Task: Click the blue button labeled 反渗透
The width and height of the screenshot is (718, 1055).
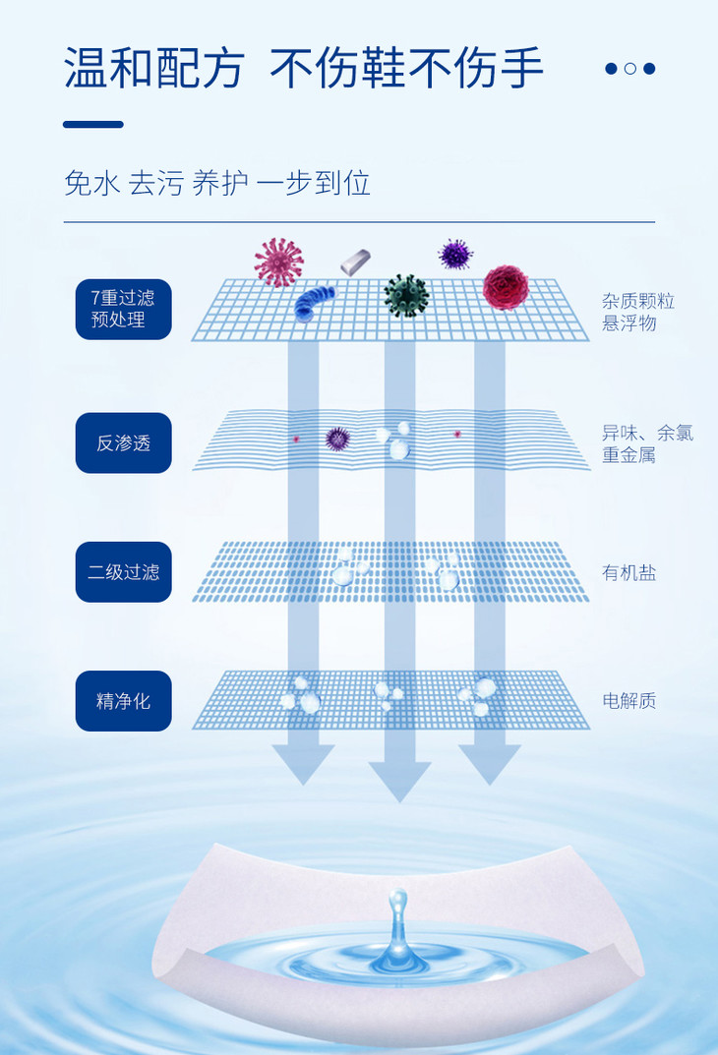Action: [x=124, y=442]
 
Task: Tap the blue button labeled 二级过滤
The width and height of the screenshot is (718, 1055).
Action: [x=124, y=571]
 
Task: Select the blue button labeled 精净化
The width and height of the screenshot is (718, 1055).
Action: [x=124, y=701]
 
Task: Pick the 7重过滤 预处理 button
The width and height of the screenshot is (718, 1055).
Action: [x=124, y=309]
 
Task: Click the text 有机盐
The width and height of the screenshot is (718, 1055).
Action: [x=628, y=572]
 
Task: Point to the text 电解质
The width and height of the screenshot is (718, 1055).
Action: [x=628, y=701]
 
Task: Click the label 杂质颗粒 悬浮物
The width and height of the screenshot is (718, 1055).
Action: [x=637, y=312]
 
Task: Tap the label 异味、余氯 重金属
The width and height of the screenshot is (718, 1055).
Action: [x=647, y=443]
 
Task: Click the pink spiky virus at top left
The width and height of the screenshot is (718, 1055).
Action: [x=278, y=262]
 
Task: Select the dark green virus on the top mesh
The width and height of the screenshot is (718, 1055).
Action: [x=405, y=294]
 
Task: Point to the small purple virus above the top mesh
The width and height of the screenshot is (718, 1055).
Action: [x=454, y=255]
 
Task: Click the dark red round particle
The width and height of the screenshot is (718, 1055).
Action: [x=506, y=286]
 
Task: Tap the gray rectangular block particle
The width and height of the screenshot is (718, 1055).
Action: [x=355, y=263]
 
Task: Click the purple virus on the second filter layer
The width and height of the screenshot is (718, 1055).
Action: [x=337, y=438]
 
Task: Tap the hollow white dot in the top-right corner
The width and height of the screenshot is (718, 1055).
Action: [x=629, y=69]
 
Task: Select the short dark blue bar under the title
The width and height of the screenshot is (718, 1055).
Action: [x=93, y=125]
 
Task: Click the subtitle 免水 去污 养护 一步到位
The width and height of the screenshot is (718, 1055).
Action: [x=217, y=183]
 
